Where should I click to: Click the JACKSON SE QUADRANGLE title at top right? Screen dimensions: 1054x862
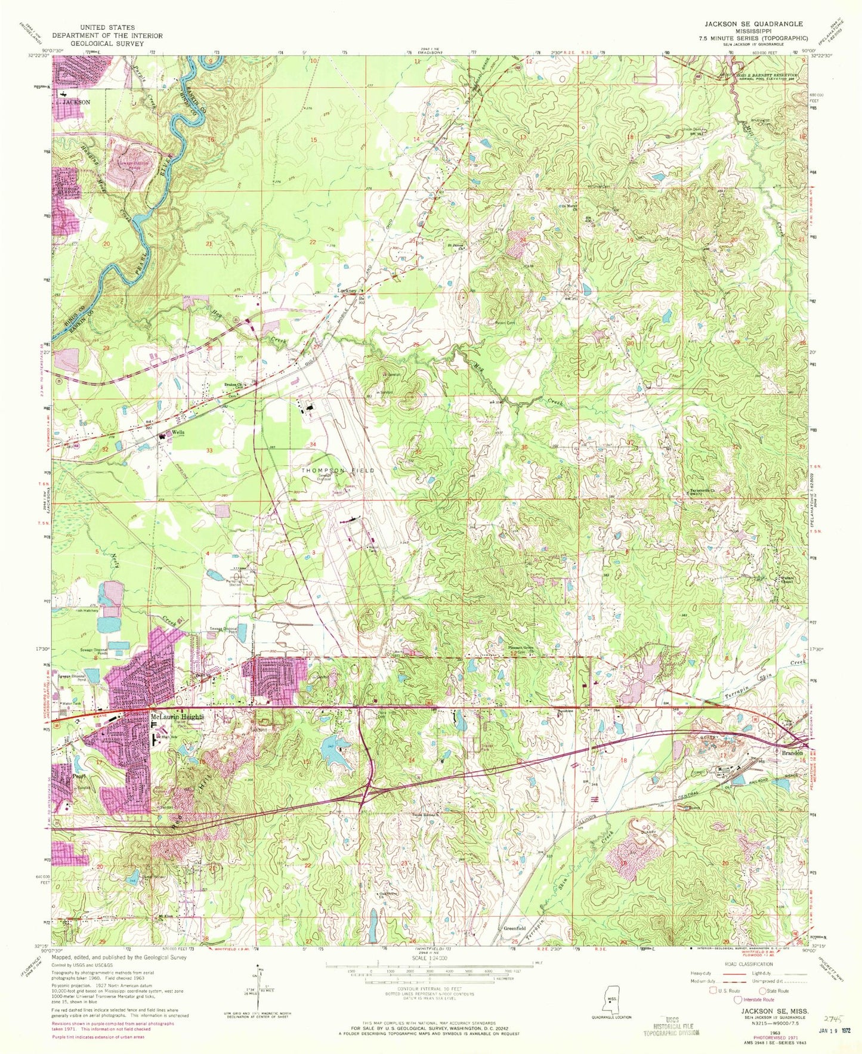[753, 24]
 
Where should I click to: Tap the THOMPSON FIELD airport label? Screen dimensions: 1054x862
[338, 471]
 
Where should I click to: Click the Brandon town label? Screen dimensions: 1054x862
[793, 753]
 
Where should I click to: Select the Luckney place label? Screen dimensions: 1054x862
[347, 291]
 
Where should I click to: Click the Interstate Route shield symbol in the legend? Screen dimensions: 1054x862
[739, 1000]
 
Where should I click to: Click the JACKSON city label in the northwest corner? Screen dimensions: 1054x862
[76, 102]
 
